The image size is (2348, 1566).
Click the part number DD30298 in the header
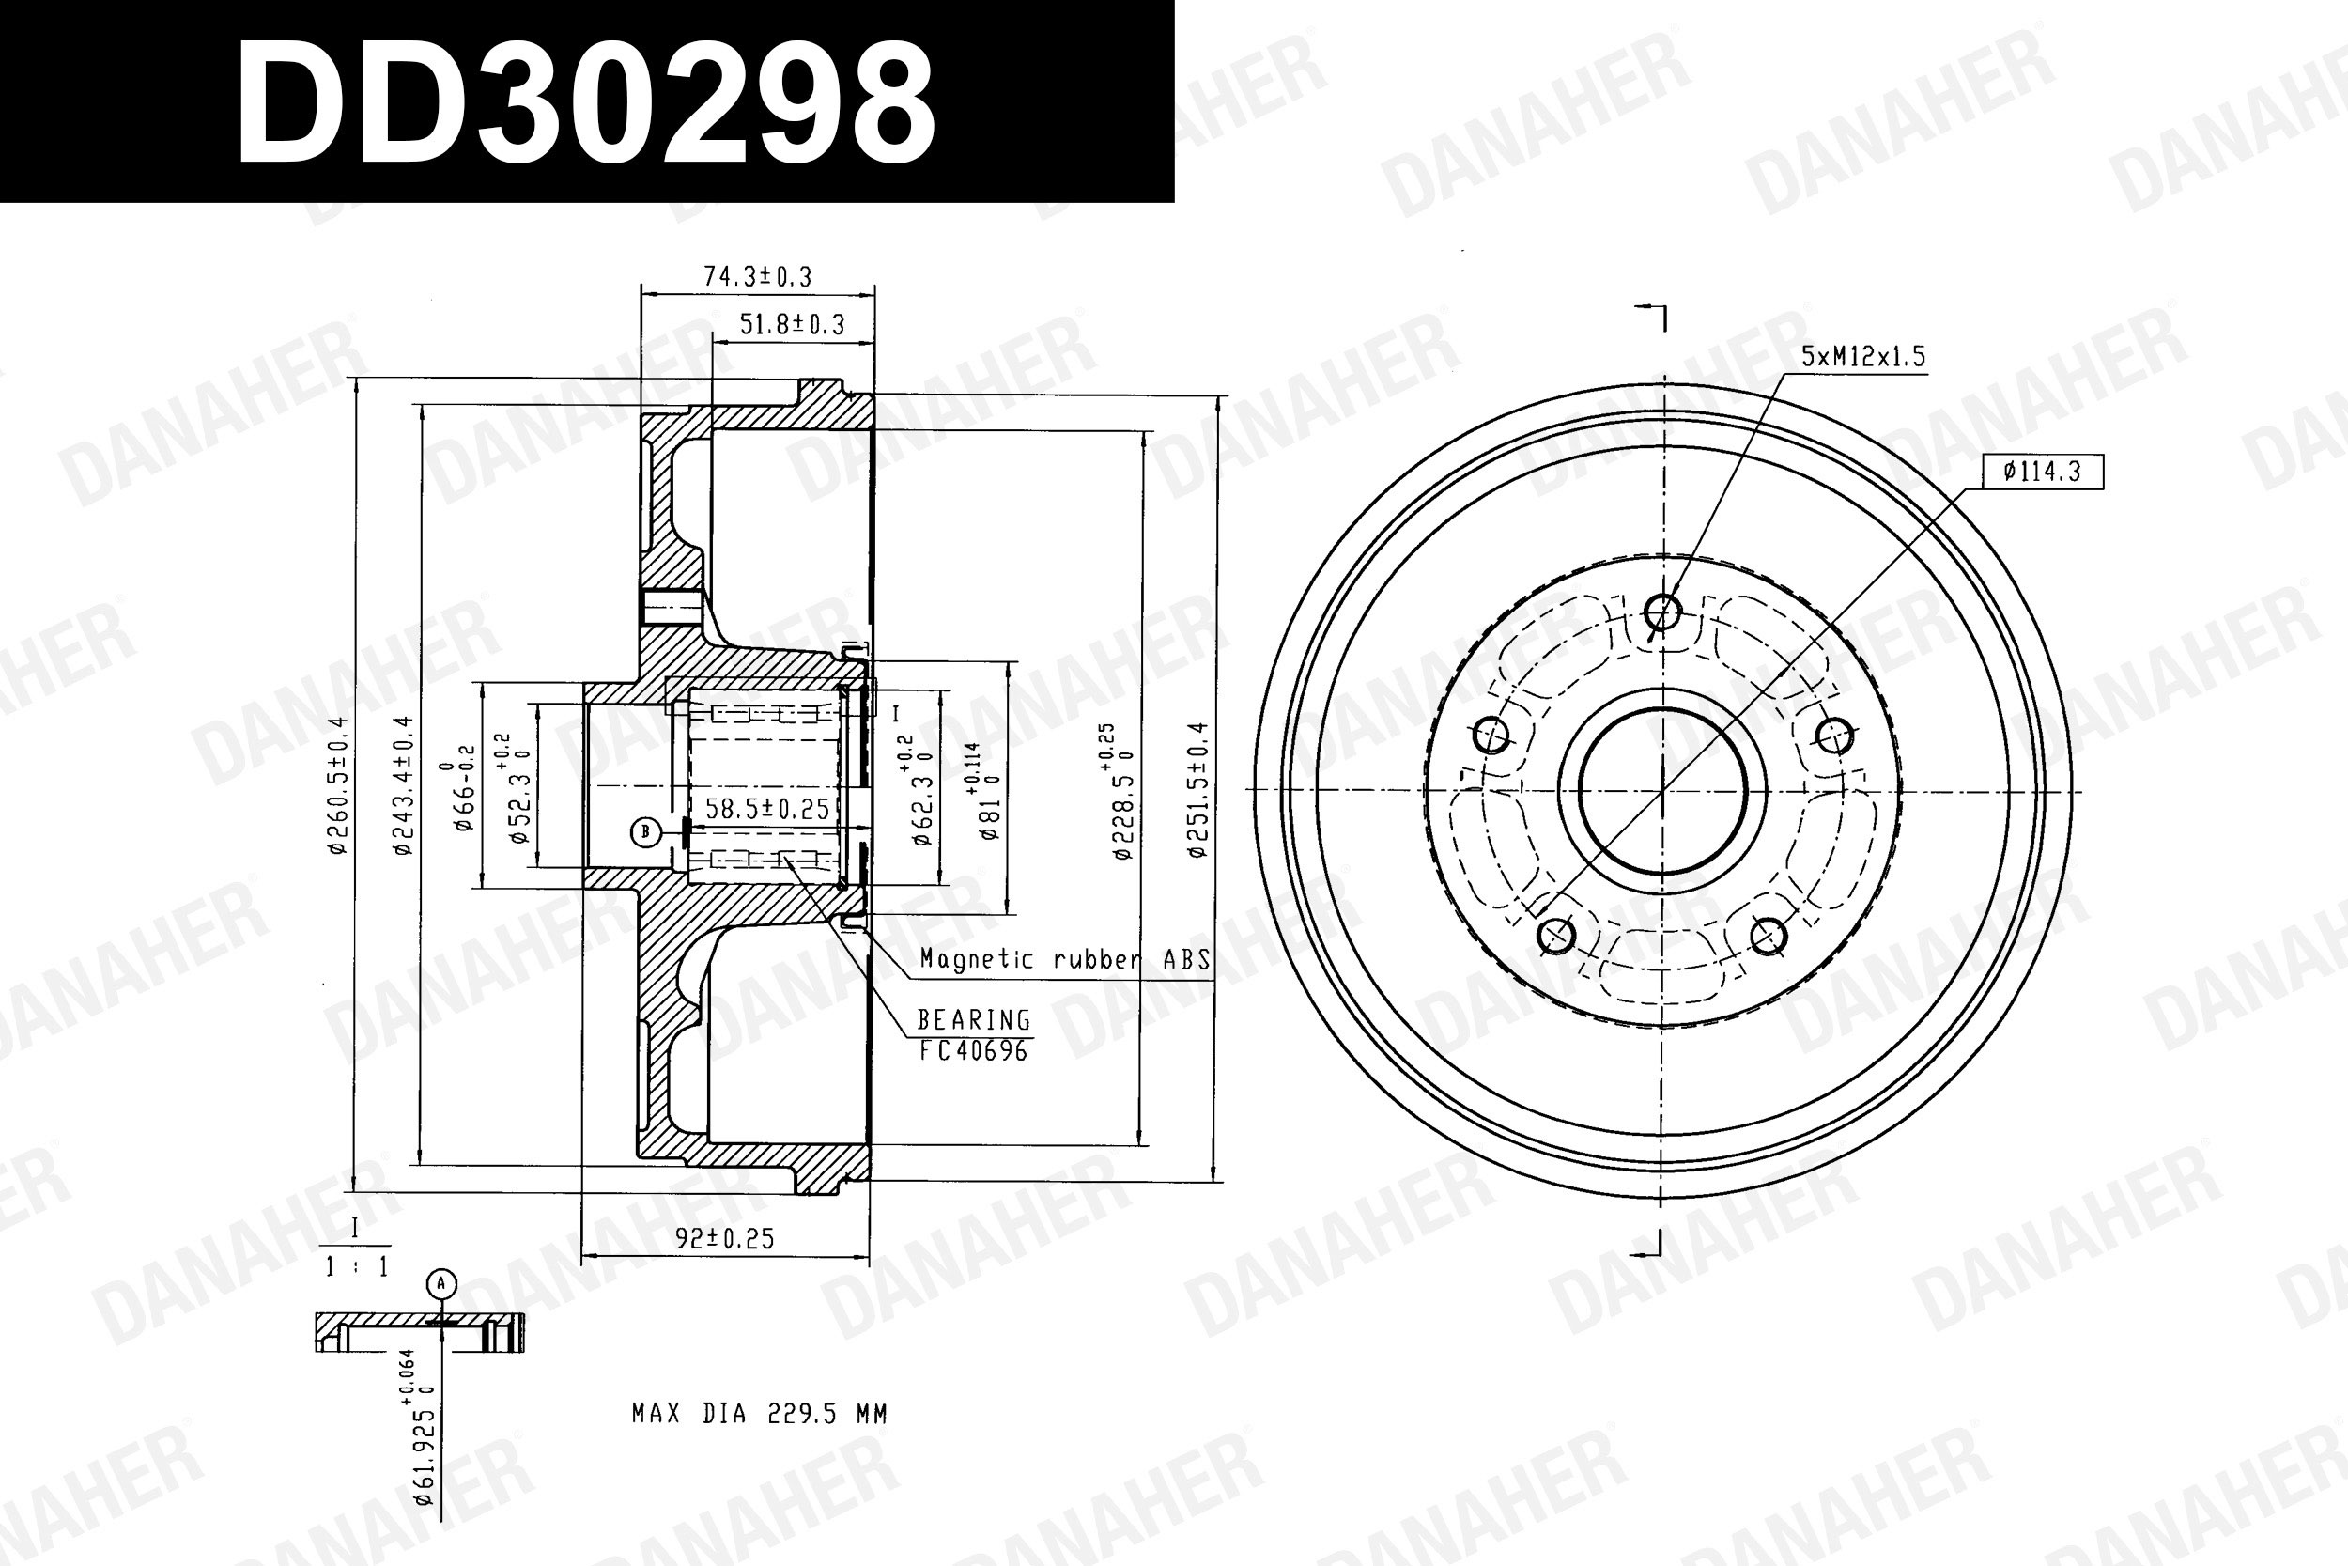(x=585, y=104)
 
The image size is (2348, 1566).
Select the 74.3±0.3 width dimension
(x=758, y=276)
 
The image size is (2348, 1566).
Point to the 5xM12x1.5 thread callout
(x=1862, y=357)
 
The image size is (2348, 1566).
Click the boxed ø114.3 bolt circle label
(x=2042, y=472)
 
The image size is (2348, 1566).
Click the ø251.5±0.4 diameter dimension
(x=1198, y=790)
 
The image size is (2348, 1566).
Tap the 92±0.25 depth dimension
(x=725, y=1238)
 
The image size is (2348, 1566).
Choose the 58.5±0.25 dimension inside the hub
(x=767, y=808)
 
